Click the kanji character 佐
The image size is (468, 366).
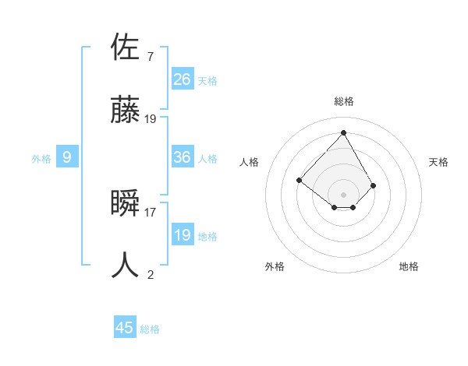pos(126,48)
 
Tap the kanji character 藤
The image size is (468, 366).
pos(126,110)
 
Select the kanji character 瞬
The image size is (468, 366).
pos(126,203)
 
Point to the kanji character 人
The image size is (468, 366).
pos(126,266)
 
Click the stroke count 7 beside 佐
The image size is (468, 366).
pos(151,56)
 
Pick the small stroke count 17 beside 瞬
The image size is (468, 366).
pos(151,211)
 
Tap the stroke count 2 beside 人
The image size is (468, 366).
pos(151,274)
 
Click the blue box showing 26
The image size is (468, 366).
pos(183,79)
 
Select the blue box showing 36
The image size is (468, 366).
pos(183,157)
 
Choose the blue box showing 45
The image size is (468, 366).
pos(125,328)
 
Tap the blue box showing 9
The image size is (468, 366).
pos(67,157)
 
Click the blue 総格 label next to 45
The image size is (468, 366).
pos(150,329)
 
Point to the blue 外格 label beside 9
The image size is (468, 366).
pos(41,159)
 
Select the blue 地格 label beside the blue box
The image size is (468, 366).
pos(207,237)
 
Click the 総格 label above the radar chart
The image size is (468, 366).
pos(344,101)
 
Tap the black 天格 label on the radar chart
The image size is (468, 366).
pos(439,162)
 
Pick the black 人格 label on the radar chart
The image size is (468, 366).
pos(249,162)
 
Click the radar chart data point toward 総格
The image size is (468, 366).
pos(344,132)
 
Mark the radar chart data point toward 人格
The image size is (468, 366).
pos(299,180)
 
